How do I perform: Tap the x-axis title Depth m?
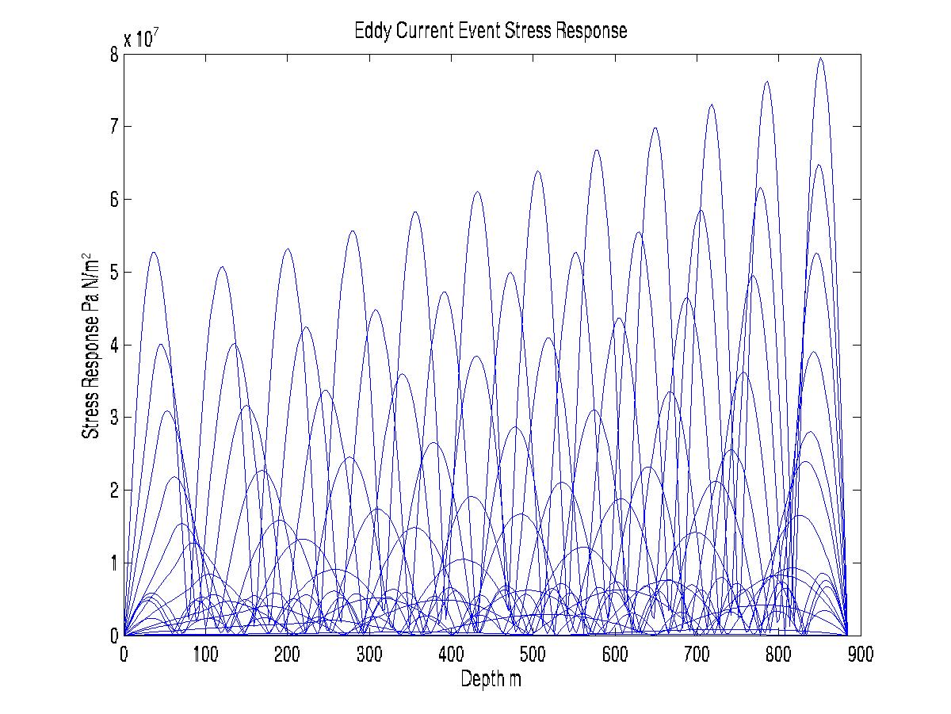pos(491,679)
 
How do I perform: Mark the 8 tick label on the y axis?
pos(114,54)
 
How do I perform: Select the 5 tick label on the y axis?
pos(114,272)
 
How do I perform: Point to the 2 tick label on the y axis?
pos(114,491)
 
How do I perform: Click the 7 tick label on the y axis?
pos(114,127)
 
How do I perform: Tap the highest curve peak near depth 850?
pos(821,58)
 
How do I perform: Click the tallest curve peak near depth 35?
pos(153,252)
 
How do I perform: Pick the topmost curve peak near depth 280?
pos(353,231)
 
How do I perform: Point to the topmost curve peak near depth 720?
pos(712,105)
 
